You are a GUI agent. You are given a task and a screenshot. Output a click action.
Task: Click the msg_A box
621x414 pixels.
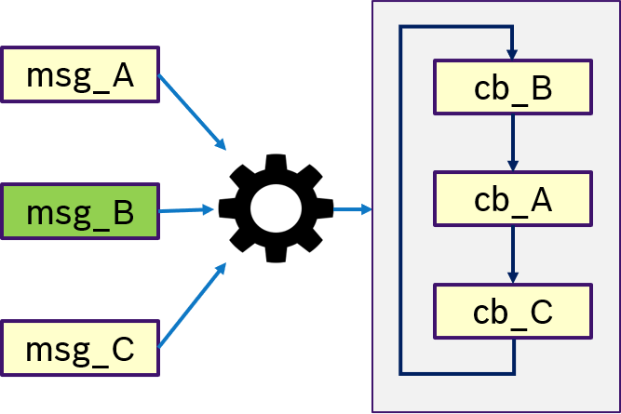(x=79, y=74)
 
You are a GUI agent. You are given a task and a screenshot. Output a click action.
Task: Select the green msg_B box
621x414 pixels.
(x=79, y=212)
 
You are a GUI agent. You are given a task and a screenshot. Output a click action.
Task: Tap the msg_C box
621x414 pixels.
(x=79, y=349)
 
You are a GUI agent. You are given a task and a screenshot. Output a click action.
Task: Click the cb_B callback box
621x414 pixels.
(x=513, y=87)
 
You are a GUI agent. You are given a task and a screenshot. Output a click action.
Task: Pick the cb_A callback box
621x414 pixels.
(x=513, y=199)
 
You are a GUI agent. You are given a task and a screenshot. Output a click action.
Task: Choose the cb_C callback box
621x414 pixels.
(x=513, y=312)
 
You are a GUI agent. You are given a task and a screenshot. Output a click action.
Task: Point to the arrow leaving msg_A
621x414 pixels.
(x=191, y=111)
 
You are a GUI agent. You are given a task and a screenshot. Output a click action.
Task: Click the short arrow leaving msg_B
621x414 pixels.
(x=185, y=210)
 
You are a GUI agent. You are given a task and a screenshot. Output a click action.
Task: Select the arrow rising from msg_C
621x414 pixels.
(x=191, y=306)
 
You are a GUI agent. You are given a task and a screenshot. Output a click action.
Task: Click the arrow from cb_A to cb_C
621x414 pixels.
(x=513, y=255)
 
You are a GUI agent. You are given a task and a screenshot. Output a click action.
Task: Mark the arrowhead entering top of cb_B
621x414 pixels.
(x=513, y=54)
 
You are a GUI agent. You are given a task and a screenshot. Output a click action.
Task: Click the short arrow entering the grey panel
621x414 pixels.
(x=352, y=209)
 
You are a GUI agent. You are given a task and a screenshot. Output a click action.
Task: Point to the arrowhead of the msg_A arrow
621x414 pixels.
(x=222, y=144)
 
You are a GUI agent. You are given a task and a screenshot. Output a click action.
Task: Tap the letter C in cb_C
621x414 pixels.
(x=540, y=312)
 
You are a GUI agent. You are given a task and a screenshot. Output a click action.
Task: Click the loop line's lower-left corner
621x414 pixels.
(x=400, y=373)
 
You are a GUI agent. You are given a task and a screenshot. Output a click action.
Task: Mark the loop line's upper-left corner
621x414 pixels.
(x=400, y=27)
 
